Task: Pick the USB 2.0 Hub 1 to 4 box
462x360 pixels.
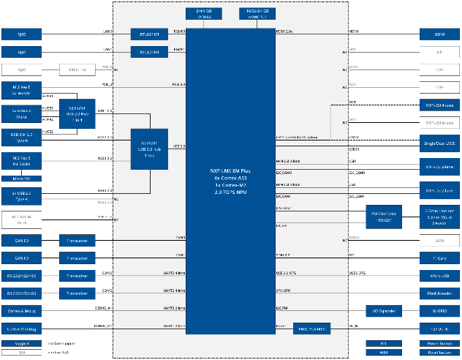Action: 77,113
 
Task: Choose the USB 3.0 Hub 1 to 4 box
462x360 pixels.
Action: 151,149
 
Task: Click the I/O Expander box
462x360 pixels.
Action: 385,311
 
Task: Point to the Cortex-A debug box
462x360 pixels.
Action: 21,311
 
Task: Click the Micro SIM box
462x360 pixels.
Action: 21,178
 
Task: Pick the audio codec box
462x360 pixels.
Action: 385,217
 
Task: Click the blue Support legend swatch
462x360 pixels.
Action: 21,342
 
